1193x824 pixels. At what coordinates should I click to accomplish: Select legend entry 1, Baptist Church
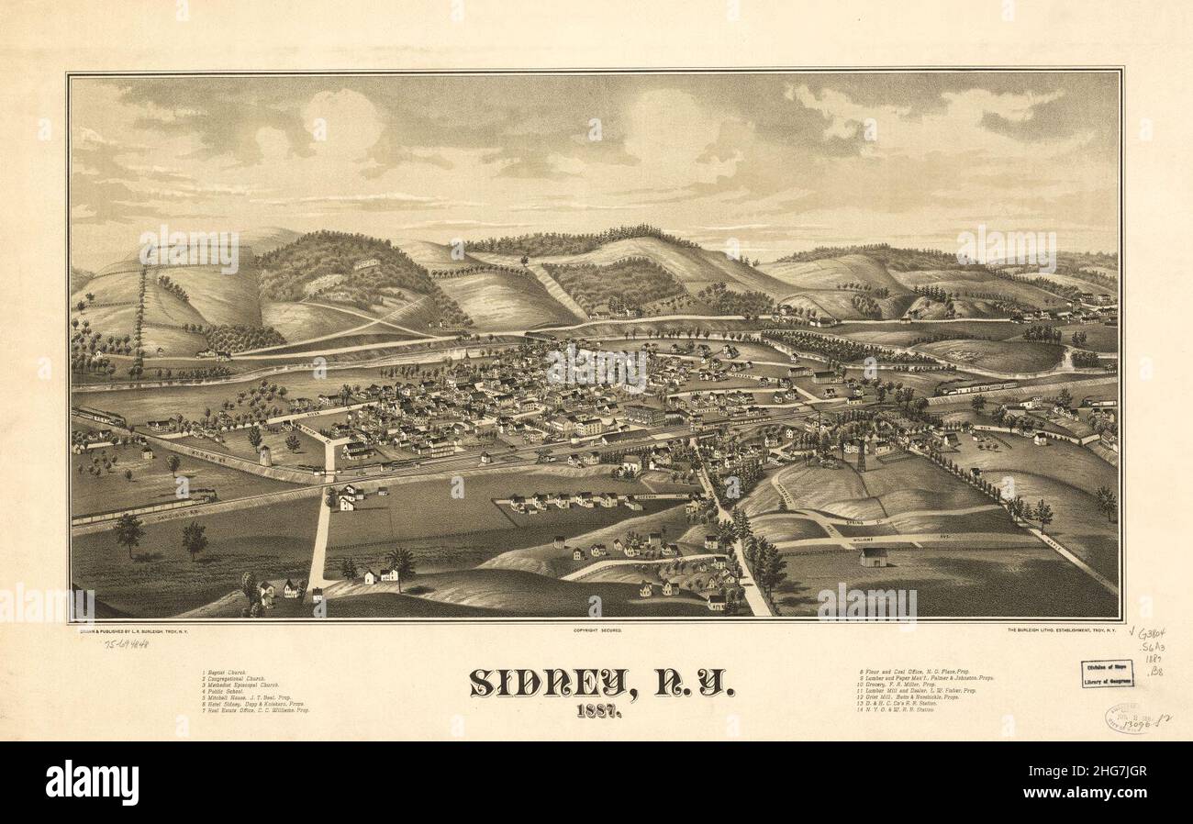click(x=229, y=673)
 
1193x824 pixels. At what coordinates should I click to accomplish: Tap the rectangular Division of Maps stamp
click(x=1106, y=674)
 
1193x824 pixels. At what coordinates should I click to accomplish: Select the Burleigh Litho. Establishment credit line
click(x=1060, y=630)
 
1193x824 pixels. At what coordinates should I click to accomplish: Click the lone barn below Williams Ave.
click(x=873, y=557)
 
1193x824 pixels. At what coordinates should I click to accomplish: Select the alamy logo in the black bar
click(x=92, y=783)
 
